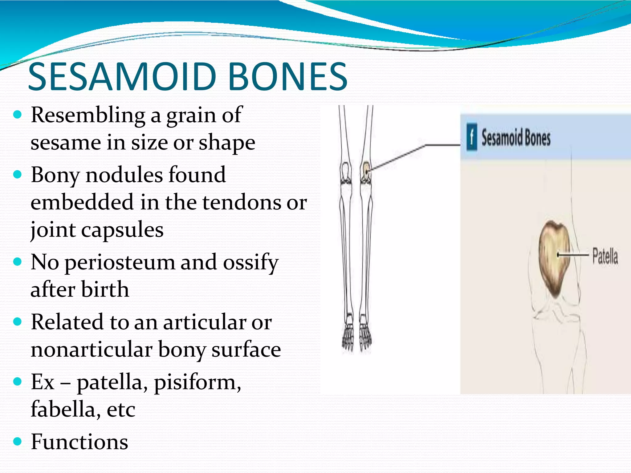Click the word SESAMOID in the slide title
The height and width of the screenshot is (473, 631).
tap(122, 77)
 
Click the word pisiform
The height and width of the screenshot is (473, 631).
tap(197, 382)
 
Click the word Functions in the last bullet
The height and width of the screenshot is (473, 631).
tap(79, 442)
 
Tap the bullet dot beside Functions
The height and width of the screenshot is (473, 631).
tap(18, 441)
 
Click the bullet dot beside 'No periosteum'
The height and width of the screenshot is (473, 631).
tap(18, 262)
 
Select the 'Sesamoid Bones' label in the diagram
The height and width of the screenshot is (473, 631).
tap(516, 138)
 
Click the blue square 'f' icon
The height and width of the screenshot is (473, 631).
tap(471, 137)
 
